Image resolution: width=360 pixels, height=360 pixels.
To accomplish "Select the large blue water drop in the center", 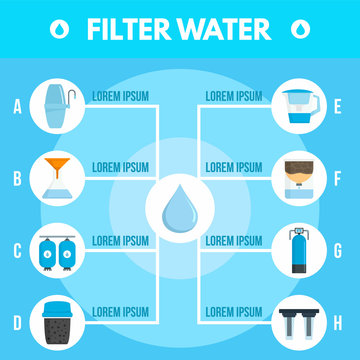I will (x=179, y=211).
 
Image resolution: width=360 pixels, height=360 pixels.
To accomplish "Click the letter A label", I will (x=17, y=103).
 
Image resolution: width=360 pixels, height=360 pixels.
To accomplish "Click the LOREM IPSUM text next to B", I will (x=122, y=168).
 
